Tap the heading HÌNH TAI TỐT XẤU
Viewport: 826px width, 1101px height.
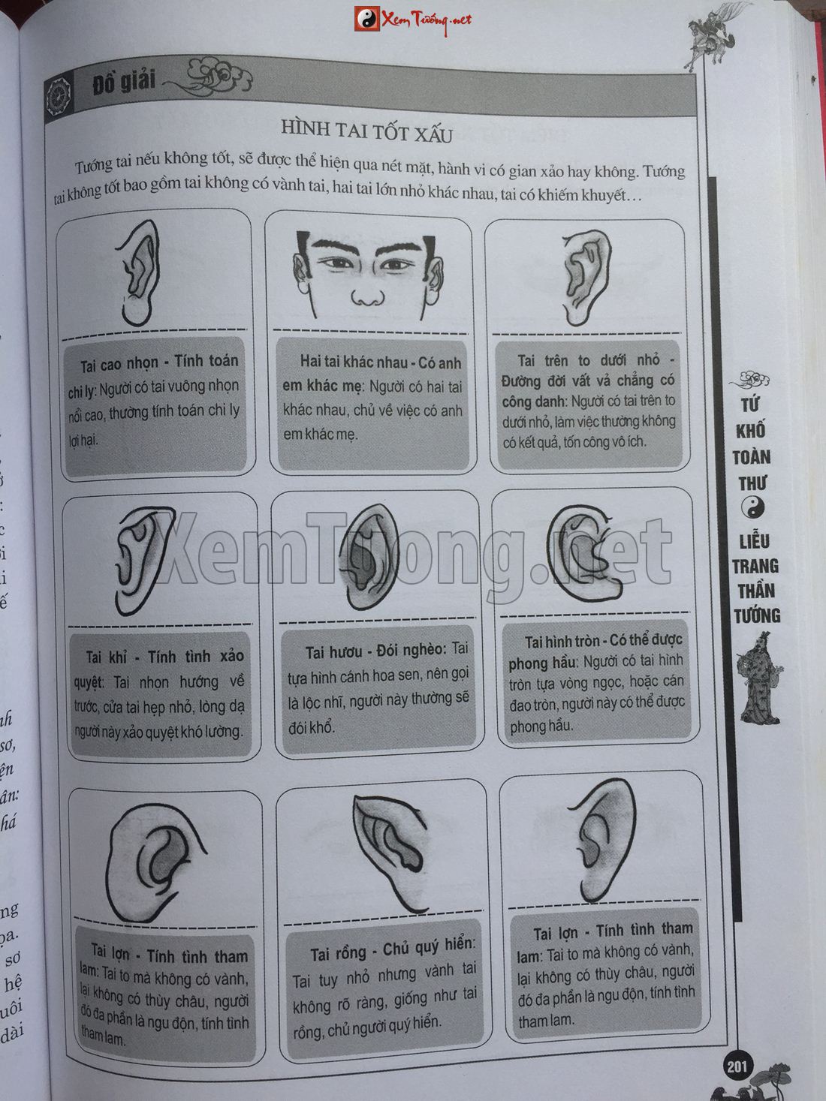point(367,131)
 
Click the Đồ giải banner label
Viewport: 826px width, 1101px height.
point(123,83)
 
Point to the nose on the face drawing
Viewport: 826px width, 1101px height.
point(368,296)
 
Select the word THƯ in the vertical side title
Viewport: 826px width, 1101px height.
point(752,484)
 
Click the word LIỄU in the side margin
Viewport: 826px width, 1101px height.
point(754,541)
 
